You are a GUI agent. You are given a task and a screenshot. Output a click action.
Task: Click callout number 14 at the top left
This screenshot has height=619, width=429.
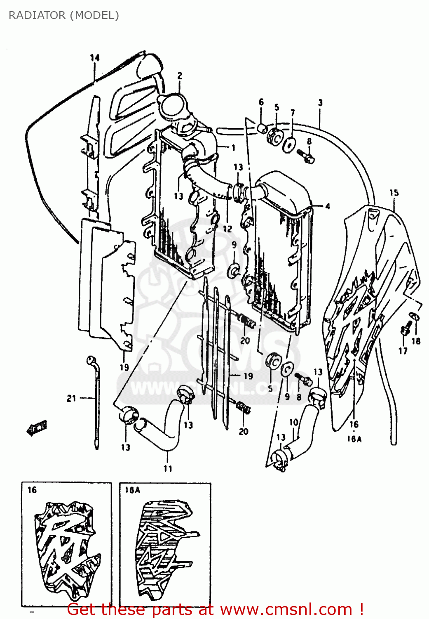[x=95, y=58]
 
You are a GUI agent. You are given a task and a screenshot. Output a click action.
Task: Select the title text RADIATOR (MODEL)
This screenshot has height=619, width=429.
[x=64, y=15]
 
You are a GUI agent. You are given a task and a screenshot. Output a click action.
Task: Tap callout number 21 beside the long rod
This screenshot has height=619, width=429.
[x=71, y=398]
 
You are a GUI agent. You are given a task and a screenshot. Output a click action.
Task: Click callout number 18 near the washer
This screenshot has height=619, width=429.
[x=416, y=341]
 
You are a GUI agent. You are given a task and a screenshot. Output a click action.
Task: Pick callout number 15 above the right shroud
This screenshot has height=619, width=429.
[x=394, y=193]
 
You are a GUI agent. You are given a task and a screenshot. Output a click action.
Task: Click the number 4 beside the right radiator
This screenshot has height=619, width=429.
[x=328, y=206]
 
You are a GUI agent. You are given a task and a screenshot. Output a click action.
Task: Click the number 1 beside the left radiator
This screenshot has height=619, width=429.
[x=233, y=147]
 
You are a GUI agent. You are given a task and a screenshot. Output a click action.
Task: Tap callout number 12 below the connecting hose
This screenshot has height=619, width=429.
[x=227, y=229]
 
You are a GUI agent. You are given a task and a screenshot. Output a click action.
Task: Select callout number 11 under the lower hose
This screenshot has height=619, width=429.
[x=168, y=468]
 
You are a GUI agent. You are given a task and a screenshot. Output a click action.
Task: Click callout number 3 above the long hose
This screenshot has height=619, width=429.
[x=320, y=103]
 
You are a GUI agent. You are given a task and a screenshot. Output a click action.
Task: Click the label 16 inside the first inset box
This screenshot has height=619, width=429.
[x=32, y=490]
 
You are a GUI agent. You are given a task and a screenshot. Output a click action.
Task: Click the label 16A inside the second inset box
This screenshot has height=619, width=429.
[x=132, y=490]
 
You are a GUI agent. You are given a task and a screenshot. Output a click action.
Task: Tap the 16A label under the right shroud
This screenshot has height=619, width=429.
[x=354, y=439]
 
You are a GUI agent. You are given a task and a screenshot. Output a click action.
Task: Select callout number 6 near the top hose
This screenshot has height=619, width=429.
[x=261, y=102]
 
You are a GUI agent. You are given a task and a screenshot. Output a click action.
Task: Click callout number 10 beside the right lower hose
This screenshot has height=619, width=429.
[x=293, y=422]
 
